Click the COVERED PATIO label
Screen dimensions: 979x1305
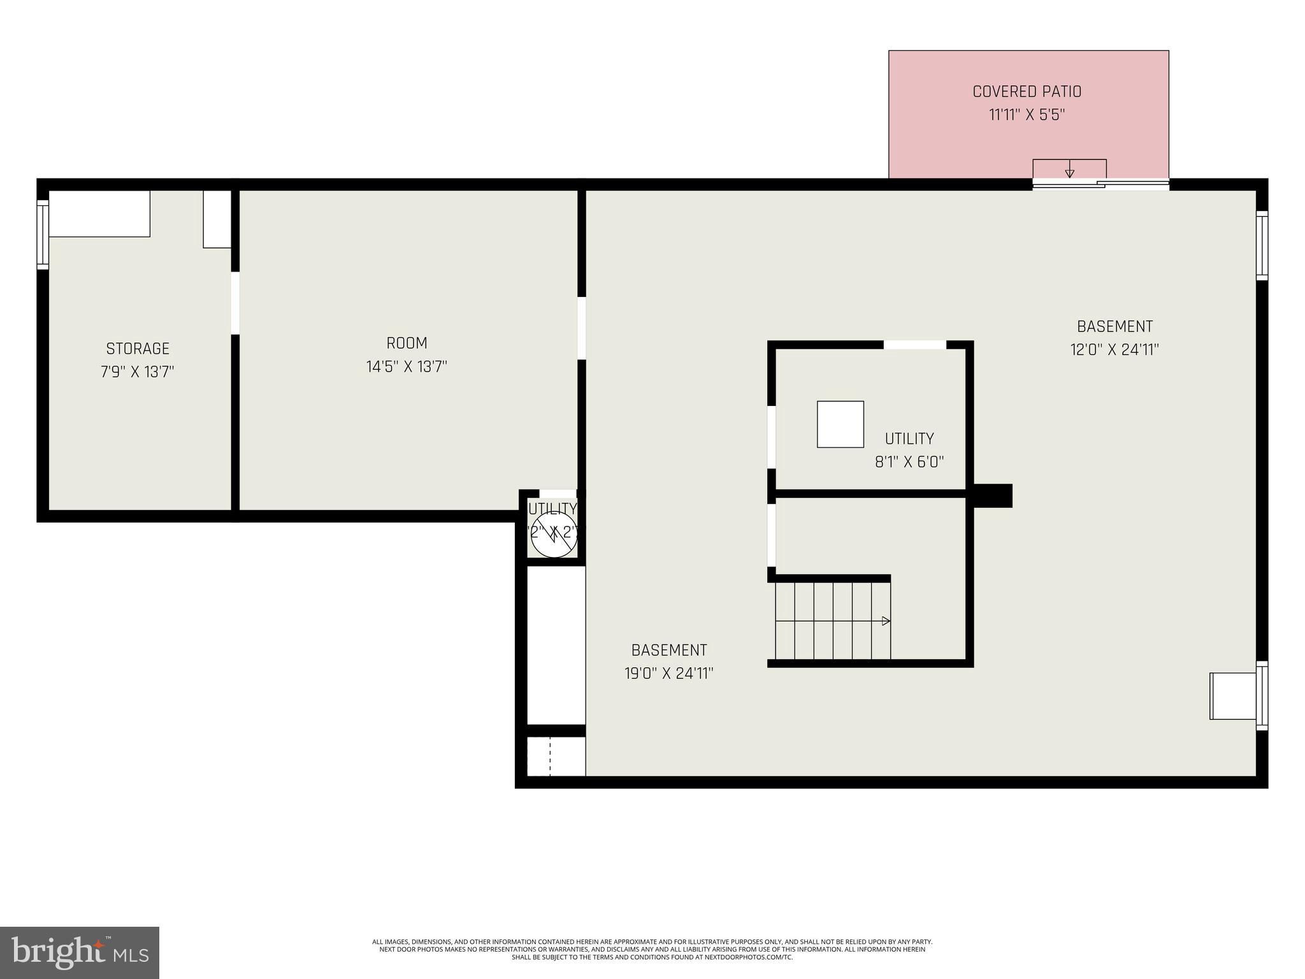pyautogui.click(x=1027, y=92)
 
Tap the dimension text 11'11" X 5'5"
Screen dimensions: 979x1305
pyautogui.click(x=1027, y=115)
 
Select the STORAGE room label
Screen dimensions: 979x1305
pyautogui.click(x=138, y=349)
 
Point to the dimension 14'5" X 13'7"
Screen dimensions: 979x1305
pyautogui.click(x=407, y=366)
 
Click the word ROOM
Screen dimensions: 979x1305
pyautogui.click(x=407, y=343)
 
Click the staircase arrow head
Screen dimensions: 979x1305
pyautogui.click(x=886, y=621)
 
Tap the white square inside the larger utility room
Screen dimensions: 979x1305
pyautogui.click(x=840, y=424)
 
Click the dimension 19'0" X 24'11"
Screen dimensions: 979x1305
pyautogui.click(x=668, y=674)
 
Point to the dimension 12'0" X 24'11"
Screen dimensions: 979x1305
pyautogui.click(x=1114, y=350)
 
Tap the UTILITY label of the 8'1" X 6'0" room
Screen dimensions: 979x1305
pyautogui.click(x=909, y=439)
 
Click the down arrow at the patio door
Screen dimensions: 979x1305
pyautogui.click(x=1070, y=171)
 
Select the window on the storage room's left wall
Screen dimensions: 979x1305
pyautogui.click(x=43, y=235)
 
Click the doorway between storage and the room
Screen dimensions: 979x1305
pyautogui.click(x=235, y=303)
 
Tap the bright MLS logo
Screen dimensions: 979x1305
pyautogui.click(x=80, y=953)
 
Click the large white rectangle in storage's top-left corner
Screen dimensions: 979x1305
pyautogui.click(x=99, y=214)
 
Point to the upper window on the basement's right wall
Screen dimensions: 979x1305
pyautogui.click(x=1262, y=245)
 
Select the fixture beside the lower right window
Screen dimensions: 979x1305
pyautogui.click(x=1232, y=696)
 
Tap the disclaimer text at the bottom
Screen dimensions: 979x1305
pyautogui.click(x=652, y=949)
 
